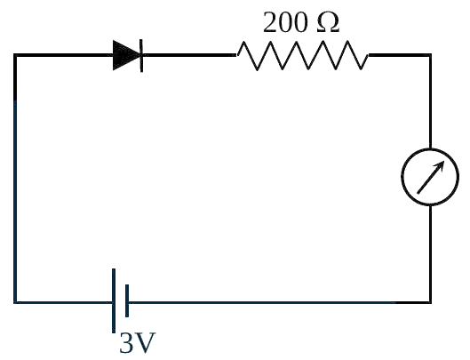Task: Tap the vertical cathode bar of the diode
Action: (141, 55)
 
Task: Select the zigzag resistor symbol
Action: (302, 55)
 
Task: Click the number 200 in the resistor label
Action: (285, 22)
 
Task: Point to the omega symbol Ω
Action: (328, 23)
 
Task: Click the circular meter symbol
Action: (430, 177)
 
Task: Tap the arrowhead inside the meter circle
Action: (440, 166)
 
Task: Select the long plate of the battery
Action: (114, 300)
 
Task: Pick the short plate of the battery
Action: (127, 300)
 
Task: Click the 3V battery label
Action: (138, 342)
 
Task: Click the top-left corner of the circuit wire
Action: (15, 55)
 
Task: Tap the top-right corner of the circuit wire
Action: (430, 55)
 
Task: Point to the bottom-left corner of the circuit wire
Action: (15, 302)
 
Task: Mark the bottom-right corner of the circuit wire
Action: (430, 302)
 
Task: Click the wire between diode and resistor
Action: (189, 55)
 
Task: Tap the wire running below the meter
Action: (430, 253)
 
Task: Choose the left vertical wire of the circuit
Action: (15, 179)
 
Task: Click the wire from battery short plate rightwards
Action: (279, 302)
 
